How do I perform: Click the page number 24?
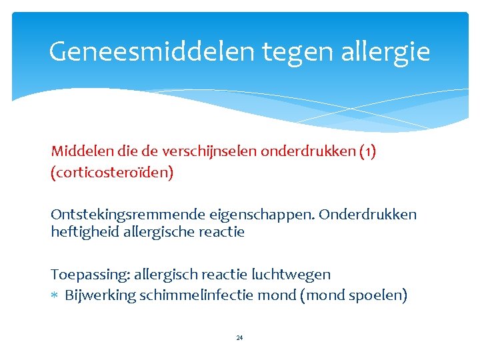coord(239,338)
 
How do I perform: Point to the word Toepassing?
coord(89,275)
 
